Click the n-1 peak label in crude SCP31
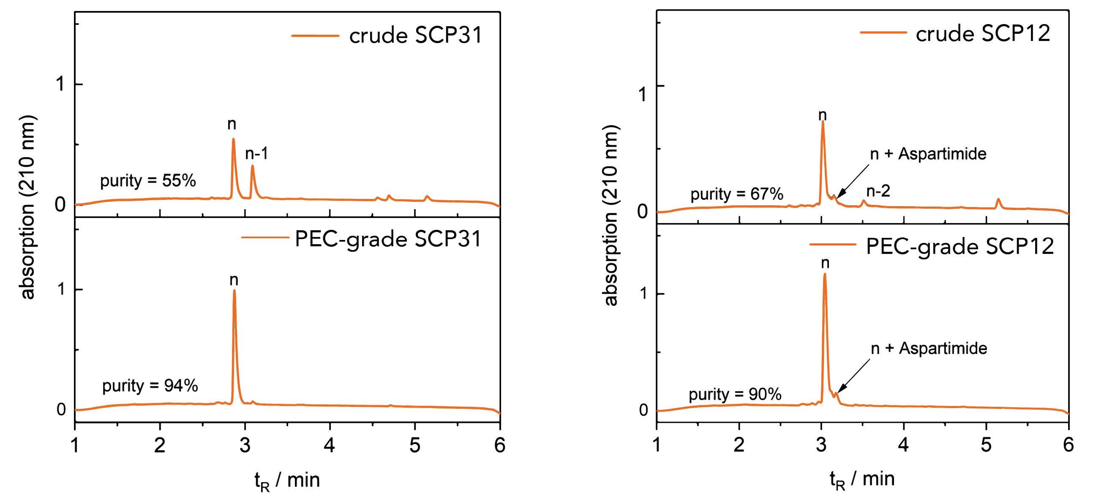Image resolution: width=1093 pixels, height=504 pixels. [x=257, y=154]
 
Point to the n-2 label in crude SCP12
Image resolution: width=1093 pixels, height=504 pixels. [x=878, y=191]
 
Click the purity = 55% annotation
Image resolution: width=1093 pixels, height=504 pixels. [x=148, y=181]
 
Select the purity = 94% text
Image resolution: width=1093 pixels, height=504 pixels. [x=150, y=386]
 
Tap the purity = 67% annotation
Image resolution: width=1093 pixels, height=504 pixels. [x=736, y=195]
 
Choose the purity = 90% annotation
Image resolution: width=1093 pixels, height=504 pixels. [x=735, y=395]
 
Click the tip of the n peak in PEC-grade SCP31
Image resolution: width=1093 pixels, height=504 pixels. [x=234, y=291]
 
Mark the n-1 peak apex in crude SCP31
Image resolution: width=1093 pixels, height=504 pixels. [x=253, y=166]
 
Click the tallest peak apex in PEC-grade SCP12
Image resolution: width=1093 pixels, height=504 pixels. [x=825, y=274]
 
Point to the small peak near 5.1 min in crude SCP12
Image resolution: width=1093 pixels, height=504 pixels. [x=998, y=199]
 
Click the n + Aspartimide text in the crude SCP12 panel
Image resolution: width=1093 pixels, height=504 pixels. [x=928, y=154]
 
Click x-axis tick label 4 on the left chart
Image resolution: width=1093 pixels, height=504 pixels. [x=330, y=445]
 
